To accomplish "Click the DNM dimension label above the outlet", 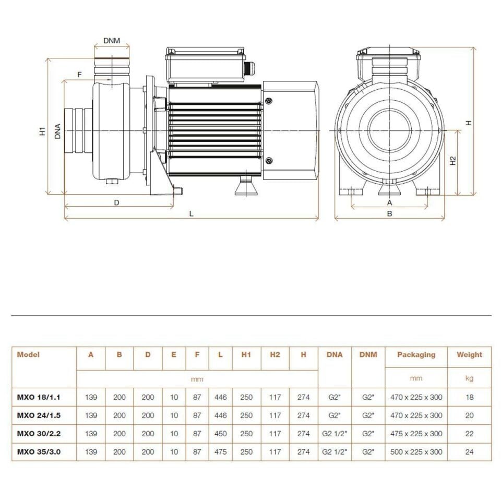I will click(111, 40).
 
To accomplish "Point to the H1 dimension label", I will click(43, 132).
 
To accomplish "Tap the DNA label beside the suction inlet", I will click(57, 132).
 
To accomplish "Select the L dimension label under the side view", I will click(192, 213).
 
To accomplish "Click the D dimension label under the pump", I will click(117, 202).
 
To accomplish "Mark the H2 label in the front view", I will click(454, 161).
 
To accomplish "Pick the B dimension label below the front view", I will click(389, 213).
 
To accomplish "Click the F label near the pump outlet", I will click(79, 75).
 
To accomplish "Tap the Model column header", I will click(28, 355).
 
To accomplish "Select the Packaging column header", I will click(416, 355).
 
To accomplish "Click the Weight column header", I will click(469, 355).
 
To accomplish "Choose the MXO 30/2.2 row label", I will click(39, 434).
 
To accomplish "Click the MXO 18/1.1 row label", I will click(39, 397).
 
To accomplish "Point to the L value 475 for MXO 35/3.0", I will click(220, 452).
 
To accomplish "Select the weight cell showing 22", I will click(469, 434).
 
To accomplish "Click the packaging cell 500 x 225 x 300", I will click(416, 452).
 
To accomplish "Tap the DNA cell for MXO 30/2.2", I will click(335, 434).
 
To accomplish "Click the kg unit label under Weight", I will click(469, 378).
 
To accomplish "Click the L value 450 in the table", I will click(220, 434).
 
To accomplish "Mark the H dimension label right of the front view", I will click(469, 123).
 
